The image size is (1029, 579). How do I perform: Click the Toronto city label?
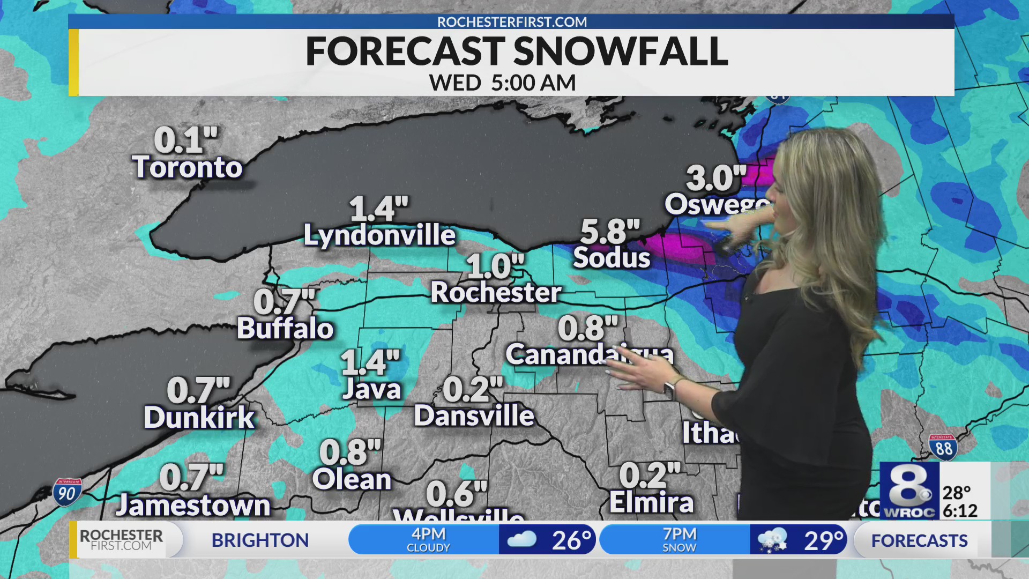[187, 167]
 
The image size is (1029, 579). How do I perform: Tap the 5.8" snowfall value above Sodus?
[610, 232]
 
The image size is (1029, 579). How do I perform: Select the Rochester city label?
[496, 293]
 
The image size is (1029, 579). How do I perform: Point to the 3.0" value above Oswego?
[715, 179]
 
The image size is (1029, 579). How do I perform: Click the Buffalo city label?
[285, 329]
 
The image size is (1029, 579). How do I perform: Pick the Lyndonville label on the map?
[379, 235]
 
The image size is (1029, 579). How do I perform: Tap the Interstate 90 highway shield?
[68, 492]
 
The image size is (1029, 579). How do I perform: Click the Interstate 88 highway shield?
[943, 447]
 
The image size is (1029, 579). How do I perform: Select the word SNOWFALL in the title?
[621, 52]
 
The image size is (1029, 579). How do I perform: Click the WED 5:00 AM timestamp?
[502, 83]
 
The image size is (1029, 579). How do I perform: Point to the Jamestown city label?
[193, 506]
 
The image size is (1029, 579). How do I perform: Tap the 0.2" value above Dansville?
[473, 390]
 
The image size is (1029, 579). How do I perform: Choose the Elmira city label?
[651, 503]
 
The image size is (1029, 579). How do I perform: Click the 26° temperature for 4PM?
[571, 540]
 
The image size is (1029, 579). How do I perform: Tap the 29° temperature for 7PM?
[823, 540]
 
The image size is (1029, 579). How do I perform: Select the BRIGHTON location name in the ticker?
[260, 540]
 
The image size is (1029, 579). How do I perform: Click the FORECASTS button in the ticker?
[919, 540]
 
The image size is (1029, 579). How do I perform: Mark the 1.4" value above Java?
[370, 362]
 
